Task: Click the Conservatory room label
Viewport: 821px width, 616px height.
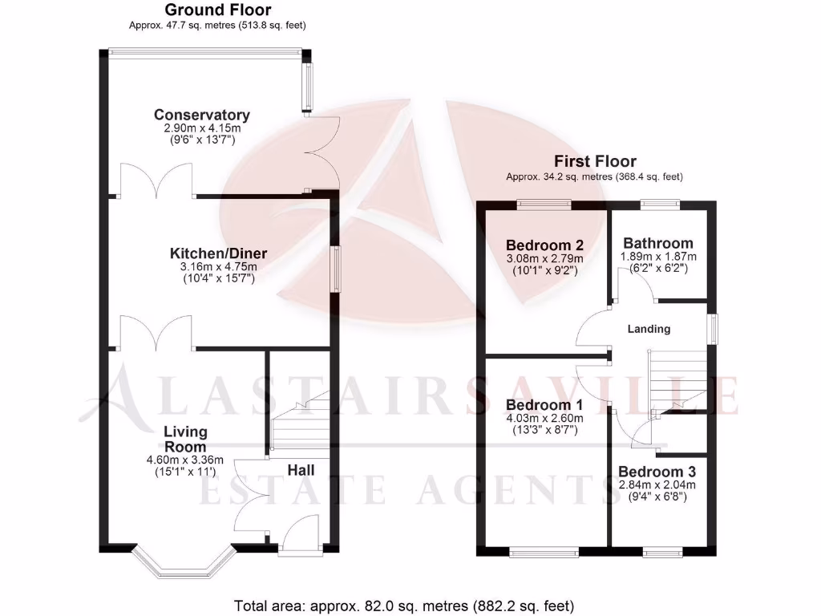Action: pyautogui.click(x=202, y=115)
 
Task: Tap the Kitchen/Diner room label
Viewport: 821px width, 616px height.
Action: pyautogui.click(x=218, y=253)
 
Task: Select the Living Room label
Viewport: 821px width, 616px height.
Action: pyautogui.click(x=185, y=439)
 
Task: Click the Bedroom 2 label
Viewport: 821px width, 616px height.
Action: pyautogui.click(x=544, y=245)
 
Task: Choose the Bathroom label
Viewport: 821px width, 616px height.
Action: pyautogui.click(x=658, y=243)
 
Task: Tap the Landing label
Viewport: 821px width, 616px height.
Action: pyautogui.click(x=649, y=329)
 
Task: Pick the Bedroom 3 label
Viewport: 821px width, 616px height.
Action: pyautogui.click(x=657, y=472)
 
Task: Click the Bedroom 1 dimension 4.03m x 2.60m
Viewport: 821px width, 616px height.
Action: pyautogui.click(x=544, y=417)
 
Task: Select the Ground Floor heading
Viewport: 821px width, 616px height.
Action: pyautogui.click(x=217, y=10)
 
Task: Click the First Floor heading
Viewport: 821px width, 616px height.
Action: pyautogui.click(x=594, y=161)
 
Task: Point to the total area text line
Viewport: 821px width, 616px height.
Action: pyautogui.click(x=404, y=606)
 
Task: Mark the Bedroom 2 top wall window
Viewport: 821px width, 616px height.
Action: pyautogui.click(x=544, y=204)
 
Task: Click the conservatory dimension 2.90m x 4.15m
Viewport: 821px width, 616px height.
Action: pyautogui.click(x=202, y=128)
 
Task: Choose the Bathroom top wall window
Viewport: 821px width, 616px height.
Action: pyautogui.click(x=661, y=204)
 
